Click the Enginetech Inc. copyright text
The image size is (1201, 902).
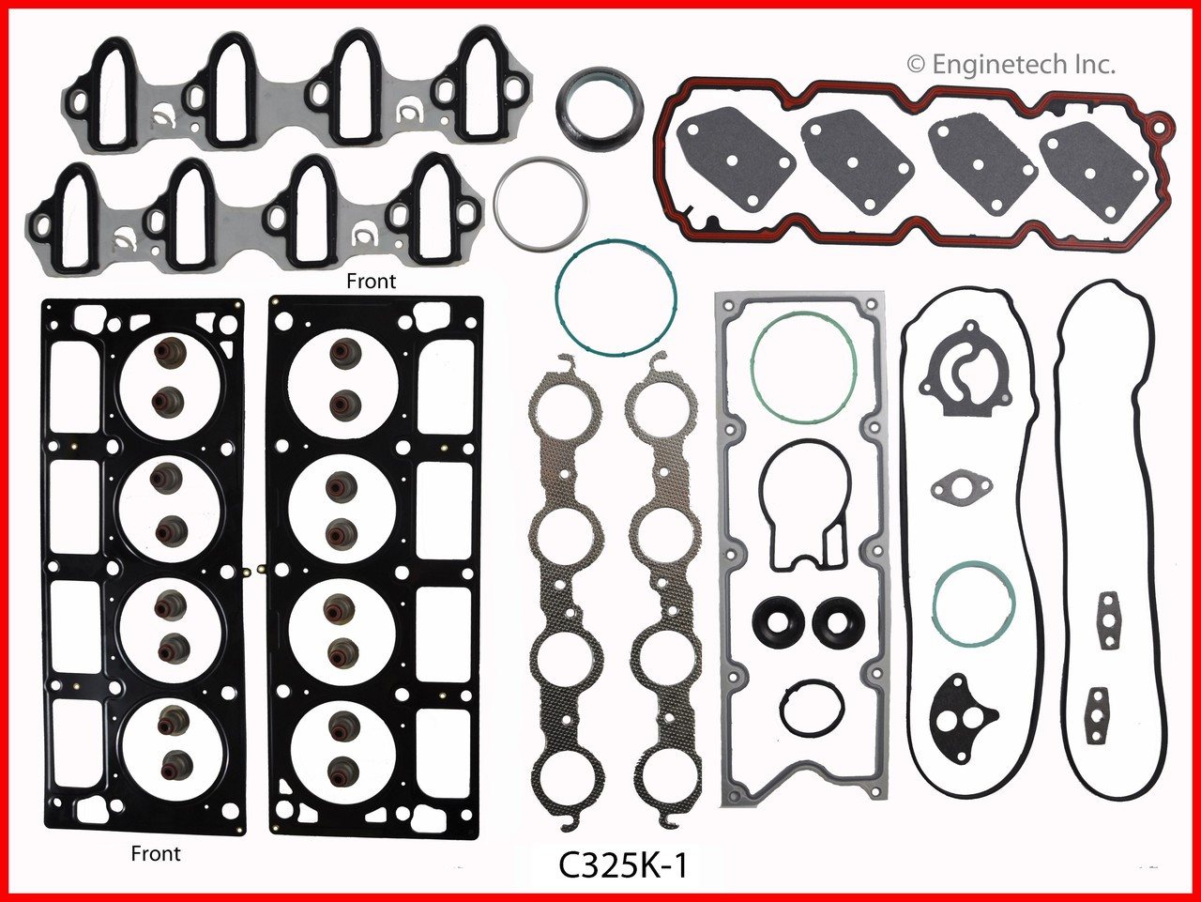coord(1011,64)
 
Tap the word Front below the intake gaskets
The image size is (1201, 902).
coord(372,281)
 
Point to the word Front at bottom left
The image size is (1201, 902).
coord(157,853)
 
